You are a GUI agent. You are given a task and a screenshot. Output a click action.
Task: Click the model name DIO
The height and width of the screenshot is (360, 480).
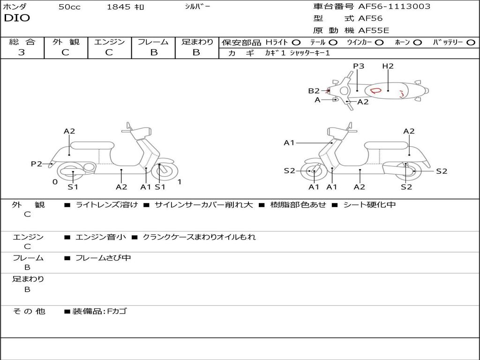click(x=17, y=18)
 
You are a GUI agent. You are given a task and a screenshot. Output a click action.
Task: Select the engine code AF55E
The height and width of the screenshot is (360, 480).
click(x=374, y=30)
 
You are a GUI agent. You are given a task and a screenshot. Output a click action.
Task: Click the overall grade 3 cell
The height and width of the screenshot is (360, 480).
click(x=22, y=52)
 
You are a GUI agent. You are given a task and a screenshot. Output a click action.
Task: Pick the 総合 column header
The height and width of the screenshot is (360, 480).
click(x=22, y=42)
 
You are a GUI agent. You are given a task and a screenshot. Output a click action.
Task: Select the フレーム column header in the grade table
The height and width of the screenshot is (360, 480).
click(x=153, y=42)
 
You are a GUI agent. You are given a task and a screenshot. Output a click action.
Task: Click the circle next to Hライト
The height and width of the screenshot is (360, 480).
click(x=296, y=42)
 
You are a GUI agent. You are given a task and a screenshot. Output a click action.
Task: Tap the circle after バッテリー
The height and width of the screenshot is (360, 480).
click(x=471, y=42)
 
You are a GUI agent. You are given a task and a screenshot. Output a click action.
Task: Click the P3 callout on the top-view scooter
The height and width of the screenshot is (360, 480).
click(x=359, y=66)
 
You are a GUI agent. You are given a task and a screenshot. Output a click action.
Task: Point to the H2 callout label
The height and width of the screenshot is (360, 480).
click(x=388, y=66)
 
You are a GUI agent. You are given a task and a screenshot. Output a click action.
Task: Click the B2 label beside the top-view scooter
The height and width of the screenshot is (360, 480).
click(x=314, y=91)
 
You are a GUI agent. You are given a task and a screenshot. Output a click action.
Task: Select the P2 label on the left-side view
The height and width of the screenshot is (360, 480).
click(x=37, y=164)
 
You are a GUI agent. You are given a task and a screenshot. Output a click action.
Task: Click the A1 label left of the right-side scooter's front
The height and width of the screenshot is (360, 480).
click(x=289, y=142)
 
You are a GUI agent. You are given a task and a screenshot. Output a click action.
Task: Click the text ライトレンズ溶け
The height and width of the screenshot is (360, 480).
click(x=107, y=205)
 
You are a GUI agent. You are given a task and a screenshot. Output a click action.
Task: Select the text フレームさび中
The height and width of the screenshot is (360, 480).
click(x=103, y=258)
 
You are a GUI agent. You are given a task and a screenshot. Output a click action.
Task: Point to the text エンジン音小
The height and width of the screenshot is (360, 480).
click(x=101, y=237)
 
